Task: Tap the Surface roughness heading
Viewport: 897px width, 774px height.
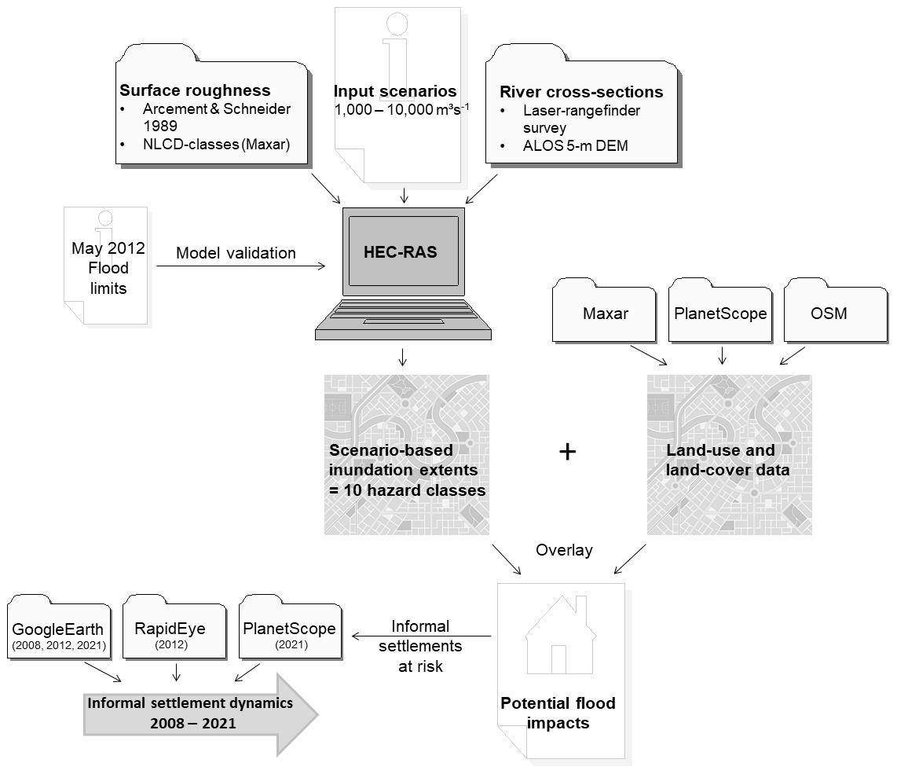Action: pos(195,90)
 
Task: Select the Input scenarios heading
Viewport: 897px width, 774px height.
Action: pos(395,90)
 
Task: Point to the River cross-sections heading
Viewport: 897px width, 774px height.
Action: pos(581,92)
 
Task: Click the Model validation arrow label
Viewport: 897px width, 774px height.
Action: pos(236,253)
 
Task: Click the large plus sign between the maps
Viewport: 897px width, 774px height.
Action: pos(567,452)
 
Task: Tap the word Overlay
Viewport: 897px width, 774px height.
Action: pos(564,550)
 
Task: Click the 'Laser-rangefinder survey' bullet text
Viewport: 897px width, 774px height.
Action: pos(569,118)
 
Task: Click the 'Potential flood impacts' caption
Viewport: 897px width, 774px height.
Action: pos(558,712)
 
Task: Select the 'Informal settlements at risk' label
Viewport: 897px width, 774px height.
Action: pos(421,646)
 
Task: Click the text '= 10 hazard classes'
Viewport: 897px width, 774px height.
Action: pos(407,490)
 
